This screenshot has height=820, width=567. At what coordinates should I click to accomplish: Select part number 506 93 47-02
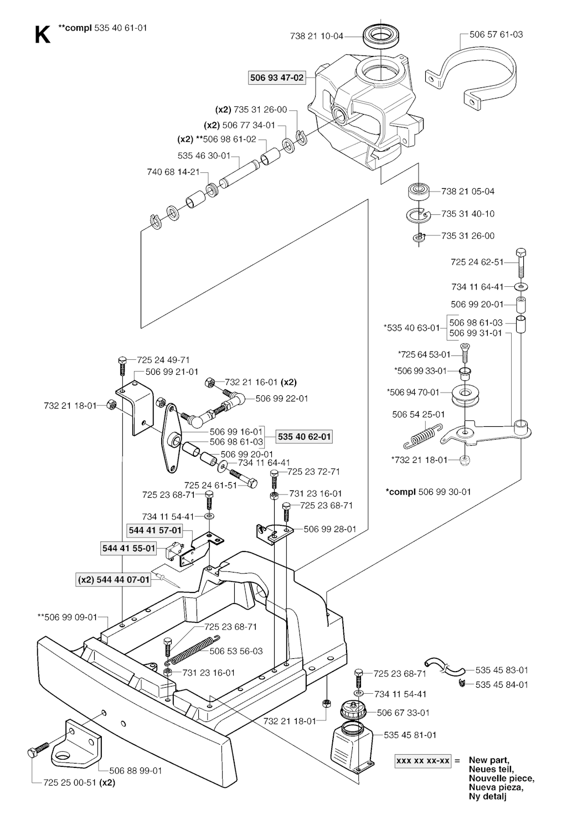click(277, 78)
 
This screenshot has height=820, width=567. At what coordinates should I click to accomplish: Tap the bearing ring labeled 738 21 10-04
click(382, 36)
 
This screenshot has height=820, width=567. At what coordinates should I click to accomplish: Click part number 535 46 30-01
click(204, 156)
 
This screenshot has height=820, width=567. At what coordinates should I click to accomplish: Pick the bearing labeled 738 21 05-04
click(420, 192)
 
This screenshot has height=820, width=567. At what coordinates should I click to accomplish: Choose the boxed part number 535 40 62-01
click(304, 437)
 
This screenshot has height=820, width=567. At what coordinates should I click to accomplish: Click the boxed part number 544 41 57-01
click(155, 530)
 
